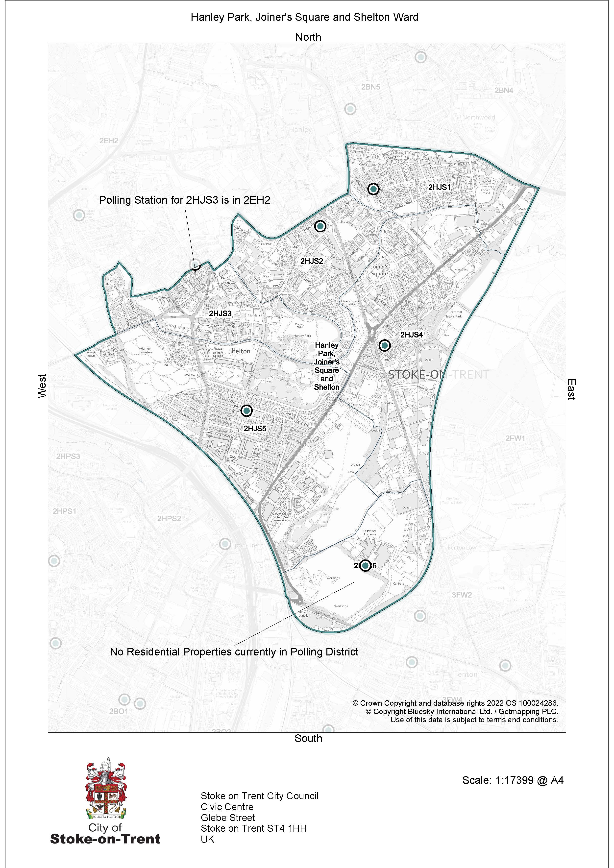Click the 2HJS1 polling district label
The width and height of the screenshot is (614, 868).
(x=439, y=187)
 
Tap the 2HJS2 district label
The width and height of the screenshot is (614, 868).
(x=312, y=261)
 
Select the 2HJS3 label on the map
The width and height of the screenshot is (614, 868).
(x=220, y=313)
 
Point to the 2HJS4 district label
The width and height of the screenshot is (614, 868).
(x=411, y=335)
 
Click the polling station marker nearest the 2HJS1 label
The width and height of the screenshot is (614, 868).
(x=373, y=189)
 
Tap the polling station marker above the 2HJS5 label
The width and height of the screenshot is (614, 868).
(x=246, y=410)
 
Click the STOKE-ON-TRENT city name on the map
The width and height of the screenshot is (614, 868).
(x=439, y=375)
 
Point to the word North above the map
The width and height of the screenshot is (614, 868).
(x=308, y=37)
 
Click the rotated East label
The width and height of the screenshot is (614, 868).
(x=571, y=389)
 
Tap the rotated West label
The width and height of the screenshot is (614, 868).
(x=42, y=386)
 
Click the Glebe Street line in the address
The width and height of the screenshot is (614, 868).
(x=228, y=818)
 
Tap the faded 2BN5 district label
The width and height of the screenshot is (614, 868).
(x=370, y=87)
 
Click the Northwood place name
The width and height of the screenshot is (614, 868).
(x=478, y=118)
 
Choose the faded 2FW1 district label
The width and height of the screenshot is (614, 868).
(x=515, y=438)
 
